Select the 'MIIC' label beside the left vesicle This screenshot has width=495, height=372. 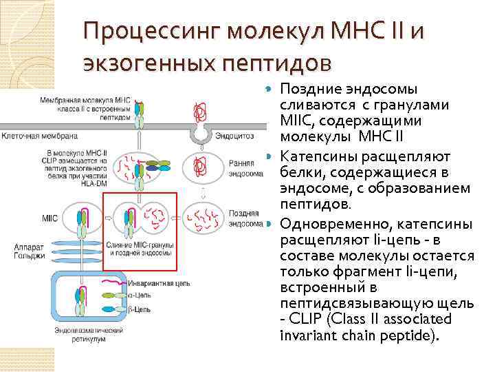pos(49,218)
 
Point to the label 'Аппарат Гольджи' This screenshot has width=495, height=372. pos(29,251)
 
